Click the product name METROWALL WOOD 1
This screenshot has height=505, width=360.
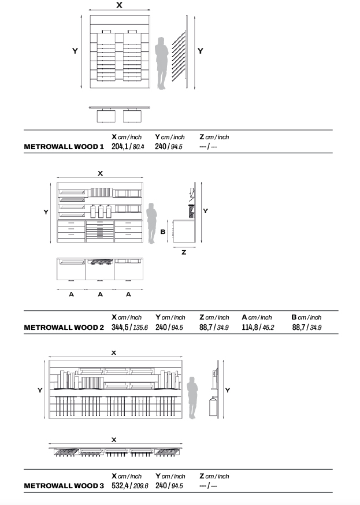64,147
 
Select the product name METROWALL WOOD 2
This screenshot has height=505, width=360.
64,327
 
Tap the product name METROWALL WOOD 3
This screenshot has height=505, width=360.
64,486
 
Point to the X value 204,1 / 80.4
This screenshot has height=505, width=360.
127,147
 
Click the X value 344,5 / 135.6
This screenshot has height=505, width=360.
129,327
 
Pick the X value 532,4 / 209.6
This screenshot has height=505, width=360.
129,486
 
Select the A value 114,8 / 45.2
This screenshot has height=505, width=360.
257,327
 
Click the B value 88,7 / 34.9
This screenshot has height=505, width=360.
306,327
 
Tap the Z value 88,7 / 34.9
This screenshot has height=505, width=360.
214,327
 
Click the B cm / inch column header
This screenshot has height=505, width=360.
306,317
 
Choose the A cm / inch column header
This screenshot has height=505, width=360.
257,317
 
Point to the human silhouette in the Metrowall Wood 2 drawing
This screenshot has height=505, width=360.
152,222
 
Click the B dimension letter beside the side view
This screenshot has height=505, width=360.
163,232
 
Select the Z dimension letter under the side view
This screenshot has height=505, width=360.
184,252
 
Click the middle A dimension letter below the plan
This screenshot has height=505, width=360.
100,294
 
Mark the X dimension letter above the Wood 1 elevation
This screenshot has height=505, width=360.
119,5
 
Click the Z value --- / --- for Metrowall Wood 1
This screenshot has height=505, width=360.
208,147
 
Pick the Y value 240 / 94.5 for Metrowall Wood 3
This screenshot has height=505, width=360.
169,486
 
